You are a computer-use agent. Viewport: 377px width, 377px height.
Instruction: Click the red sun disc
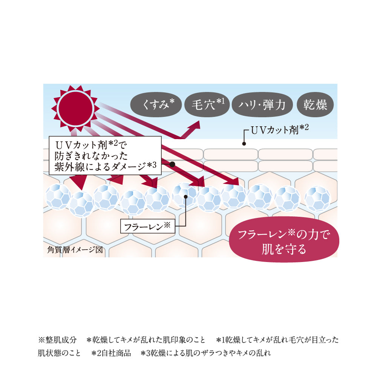pyautogui.click(x=75, y=109)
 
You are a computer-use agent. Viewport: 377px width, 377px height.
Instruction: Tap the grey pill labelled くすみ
pyautogui.click(x=156, y=105)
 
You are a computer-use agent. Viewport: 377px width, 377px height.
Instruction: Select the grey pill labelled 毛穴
pyautogui.click(x=207, y=105)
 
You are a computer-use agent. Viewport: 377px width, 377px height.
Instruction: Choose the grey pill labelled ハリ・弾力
pyautogui.click(x=262, y=105)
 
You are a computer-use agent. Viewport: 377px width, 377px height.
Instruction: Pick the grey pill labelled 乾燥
pyautogui.click(x=315, y=105)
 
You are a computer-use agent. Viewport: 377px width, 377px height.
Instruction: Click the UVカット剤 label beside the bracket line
pyautogui.click(x=280, y=130)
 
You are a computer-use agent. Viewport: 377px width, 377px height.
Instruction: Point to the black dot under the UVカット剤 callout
pyautogui.click(x=244, y=144)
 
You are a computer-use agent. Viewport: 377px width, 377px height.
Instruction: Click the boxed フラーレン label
pyautogui.click(x=148, y=226)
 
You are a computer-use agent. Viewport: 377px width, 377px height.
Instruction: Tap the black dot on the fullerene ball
pyautogui.click(x=185, y=197)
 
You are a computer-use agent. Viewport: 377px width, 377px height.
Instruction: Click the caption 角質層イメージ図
pyautogui.click(x=75, y=250)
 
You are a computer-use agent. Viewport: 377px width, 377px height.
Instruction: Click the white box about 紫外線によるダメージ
pyautogui.click(x=105, y=156)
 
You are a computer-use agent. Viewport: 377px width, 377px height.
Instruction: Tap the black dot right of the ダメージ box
pyautogui.click(x=172, y=164)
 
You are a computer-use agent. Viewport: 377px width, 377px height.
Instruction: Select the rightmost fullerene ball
pyautogui.click(x=317, y=199)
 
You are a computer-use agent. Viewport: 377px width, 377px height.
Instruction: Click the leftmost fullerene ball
pyautogui.click(x=58, y=197)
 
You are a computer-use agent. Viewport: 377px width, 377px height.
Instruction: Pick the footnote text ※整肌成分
pyautogui.click(x=57, y=340)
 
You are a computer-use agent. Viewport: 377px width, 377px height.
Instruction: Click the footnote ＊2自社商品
pyautogui.click(x=111, y=353)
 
